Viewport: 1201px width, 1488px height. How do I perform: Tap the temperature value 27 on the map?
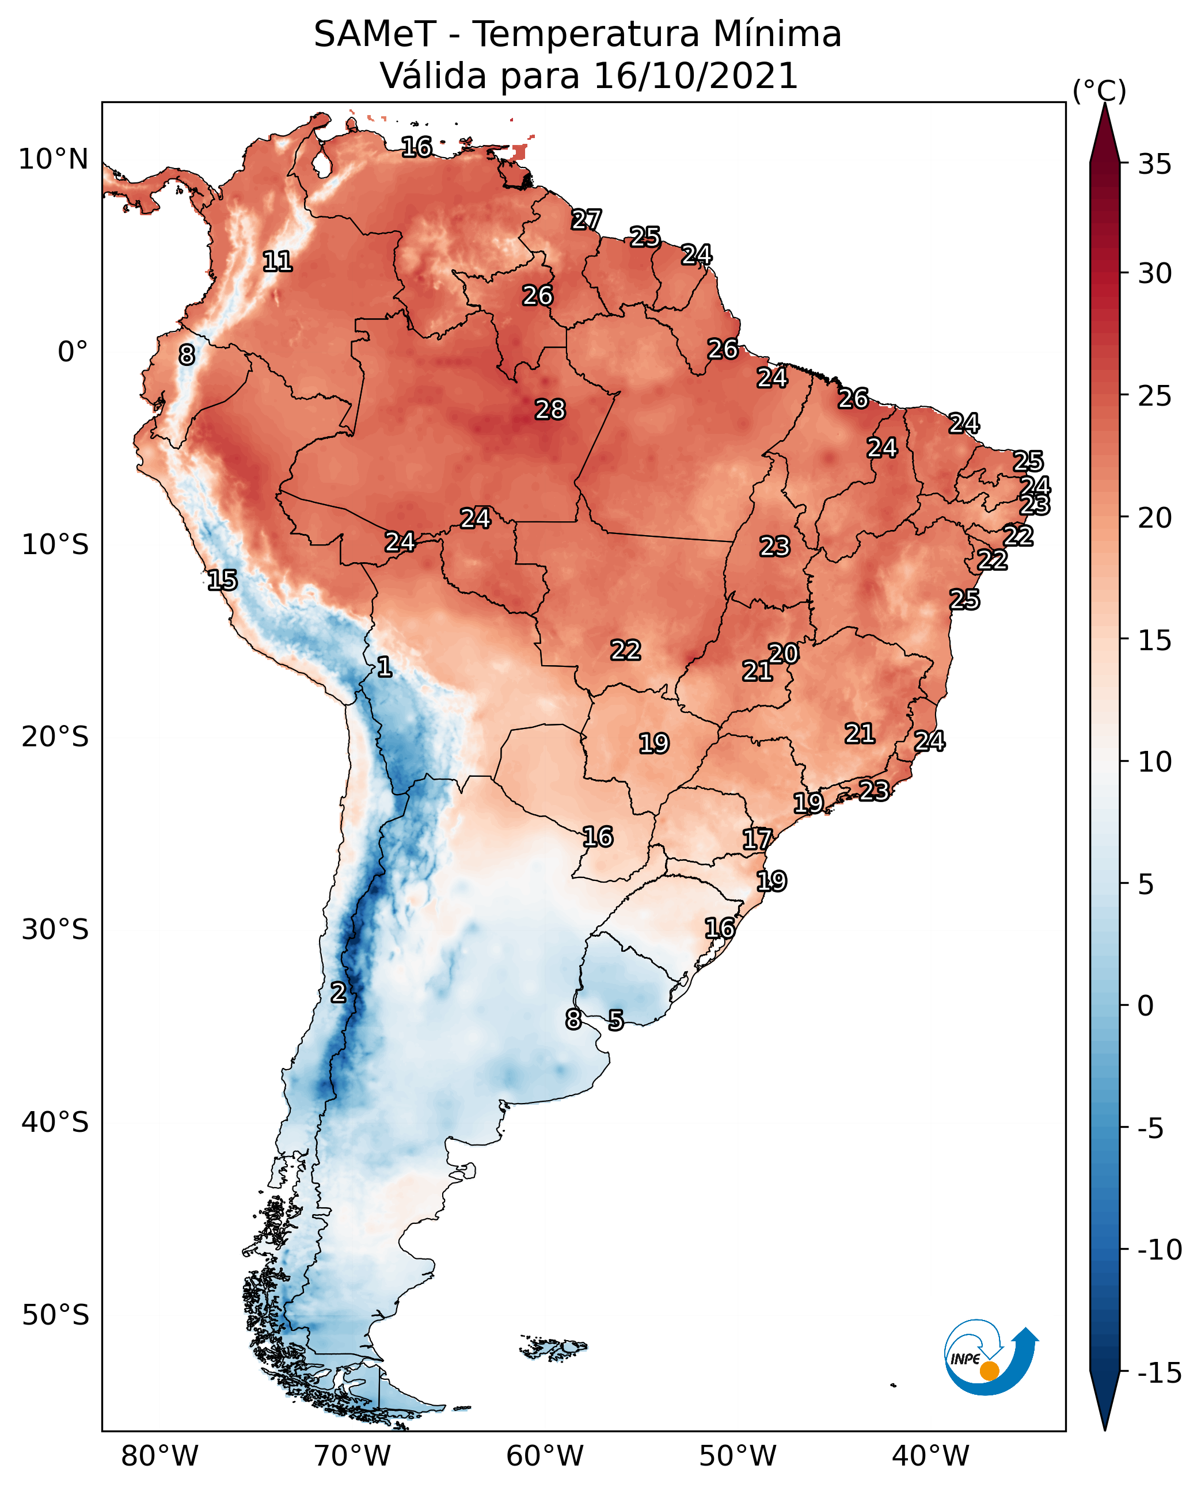click(586, 220)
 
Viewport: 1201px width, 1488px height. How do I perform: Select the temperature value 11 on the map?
click(278, 261)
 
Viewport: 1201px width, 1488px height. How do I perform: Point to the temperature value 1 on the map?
click(384, 667)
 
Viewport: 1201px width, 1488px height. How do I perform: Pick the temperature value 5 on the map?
click(615, 1020)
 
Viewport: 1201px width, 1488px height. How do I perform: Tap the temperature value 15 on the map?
click(222, 580)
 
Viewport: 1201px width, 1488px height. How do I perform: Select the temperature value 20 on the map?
click(783, 654)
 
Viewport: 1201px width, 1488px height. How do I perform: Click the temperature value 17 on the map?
click(757, 840)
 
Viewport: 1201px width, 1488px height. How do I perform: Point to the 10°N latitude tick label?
click(54, 160)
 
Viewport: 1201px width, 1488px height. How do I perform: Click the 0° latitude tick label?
click(73, 352)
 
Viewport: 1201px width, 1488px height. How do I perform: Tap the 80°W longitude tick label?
click(160, 1456)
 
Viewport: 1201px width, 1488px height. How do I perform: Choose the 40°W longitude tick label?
click(930, 1456)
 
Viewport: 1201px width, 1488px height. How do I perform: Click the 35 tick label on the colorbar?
click(1154, 165)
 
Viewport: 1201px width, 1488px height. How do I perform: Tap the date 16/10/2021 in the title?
click(696, 76)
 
